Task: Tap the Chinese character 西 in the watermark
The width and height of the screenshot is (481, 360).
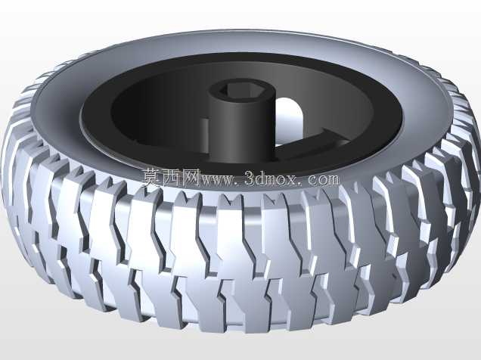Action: pos(172,178)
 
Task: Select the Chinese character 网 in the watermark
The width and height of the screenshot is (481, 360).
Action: pos(192,178)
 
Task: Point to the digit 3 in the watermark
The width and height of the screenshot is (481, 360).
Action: pos(250,178)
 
